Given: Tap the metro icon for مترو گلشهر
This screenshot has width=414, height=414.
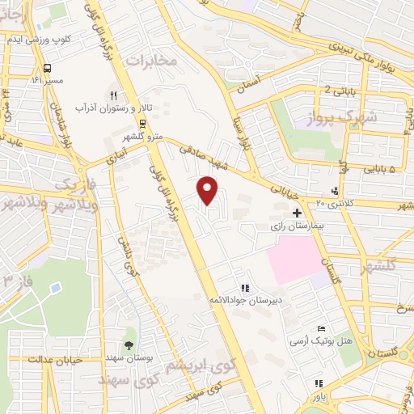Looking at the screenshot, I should pos(143,124).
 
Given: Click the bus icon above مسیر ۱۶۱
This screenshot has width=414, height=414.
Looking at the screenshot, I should pos(48,68).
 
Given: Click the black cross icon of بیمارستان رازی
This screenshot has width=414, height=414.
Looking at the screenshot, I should pos(298,212).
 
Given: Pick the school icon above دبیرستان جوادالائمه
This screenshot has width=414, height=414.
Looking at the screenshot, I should pos(243,287).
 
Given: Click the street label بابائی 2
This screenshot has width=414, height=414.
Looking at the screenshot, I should pos(337,90).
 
